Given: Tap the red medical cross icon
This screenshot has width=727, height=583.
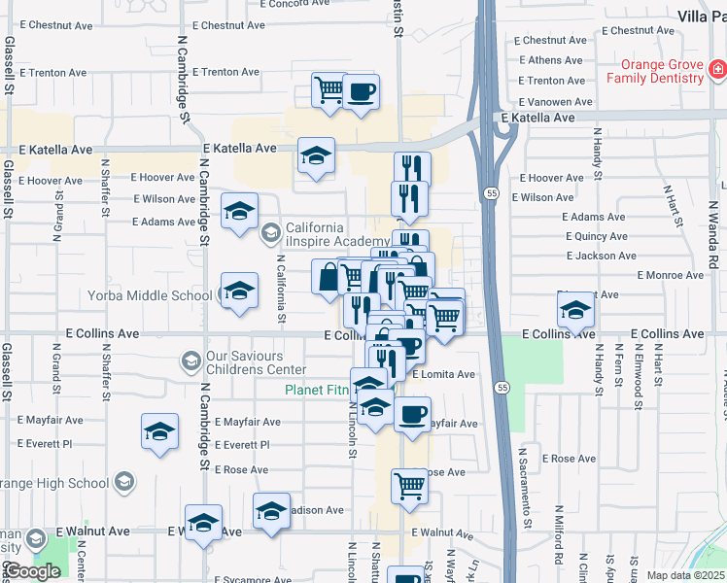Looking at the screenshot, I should [x=717, y=69].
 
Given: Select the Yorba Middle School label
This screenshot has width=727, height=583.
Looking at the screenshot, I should [x=150, y=295].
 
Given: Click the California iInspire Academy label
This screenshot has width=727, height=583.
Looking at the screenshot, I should [x=337, y=234].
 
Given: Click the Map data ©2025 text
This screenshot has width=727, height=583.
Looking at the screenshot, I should [x=685, y=575].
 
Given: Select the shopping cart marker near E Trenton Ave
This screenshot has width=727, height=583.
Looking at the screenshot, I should [x=329, y=90].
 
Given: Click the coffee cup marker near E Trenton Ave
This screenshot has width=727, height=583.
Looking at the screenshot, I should [x=362, y=92].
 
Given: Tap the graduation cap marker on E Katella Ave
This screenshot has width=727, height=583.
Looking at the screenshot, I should [x=316, y=155].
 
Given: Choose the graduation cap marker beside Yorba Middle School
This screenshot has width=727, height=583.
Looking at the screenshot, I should [x=239, y=291].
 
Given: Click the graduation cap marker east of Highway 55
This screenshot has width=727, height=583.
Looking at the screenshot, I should [x=575, y=310].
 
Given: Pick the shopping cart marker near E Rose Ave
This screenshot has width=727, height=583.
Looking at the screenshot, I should [x=409, y=485].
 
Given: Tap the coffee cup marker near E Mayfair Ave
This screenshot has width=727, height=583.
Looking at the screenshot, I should [x=412, y=414].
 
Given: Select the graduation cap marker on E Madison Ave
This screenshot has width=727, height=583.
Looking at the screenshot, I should [x=271, y=510].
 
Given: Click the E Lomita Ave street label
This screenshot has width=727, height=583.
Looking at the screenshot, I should [x=443, y=374].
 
